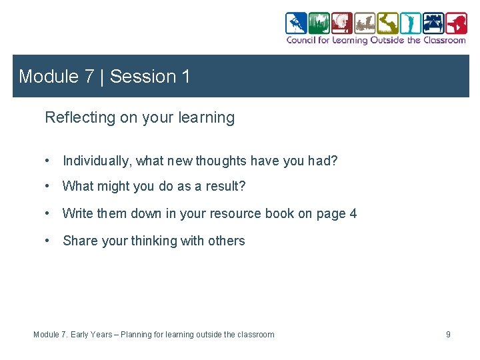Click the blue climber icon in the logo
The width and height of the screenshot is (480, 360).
[x=296, y=23]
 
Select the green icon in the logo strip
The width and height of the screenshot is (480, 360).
[x=319, y=23]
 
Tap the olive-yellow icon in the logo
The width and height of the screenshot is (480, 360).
[x=387, y=23]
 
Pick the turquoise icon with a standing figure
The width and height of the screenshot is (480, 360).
[x=410, y=23]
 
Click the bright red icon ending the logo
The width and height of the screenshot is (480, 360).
[x=456, y=23]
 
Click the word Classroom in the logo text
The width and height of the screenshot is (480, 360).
[x=445, y=40]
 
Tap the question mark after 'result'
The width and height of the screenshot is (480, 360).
[x=242, y=187]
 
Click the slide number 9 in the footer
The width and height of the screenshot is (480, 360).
[x=448, y=334]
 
